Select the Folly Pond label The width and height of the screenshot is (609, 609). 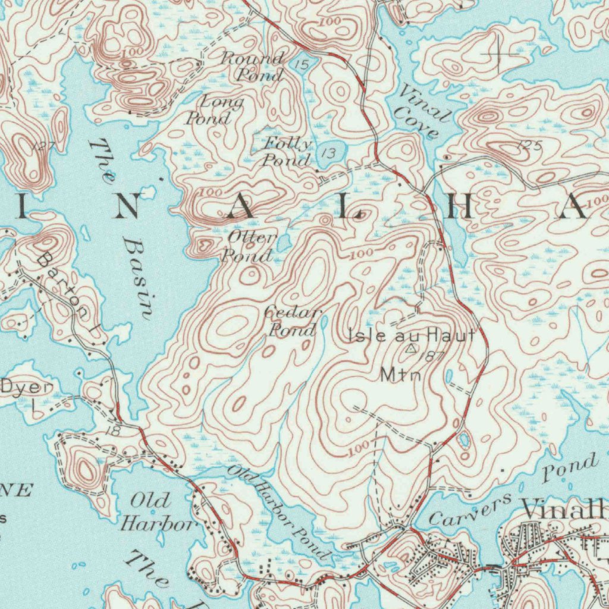point(288,152)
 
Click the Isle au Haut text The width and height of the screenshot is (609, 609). point(412,335)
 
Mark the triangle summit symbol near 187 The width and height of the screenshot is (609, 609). point(411,349)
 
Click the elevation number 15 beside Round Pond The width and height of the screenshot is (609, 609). point(302,64)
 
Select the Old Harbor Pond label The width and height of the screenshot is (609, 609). point(280,511)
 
